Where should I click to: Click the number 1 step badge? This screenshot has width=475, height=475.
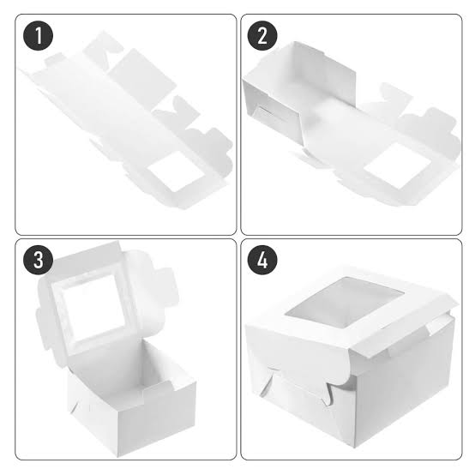point(39,37)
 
